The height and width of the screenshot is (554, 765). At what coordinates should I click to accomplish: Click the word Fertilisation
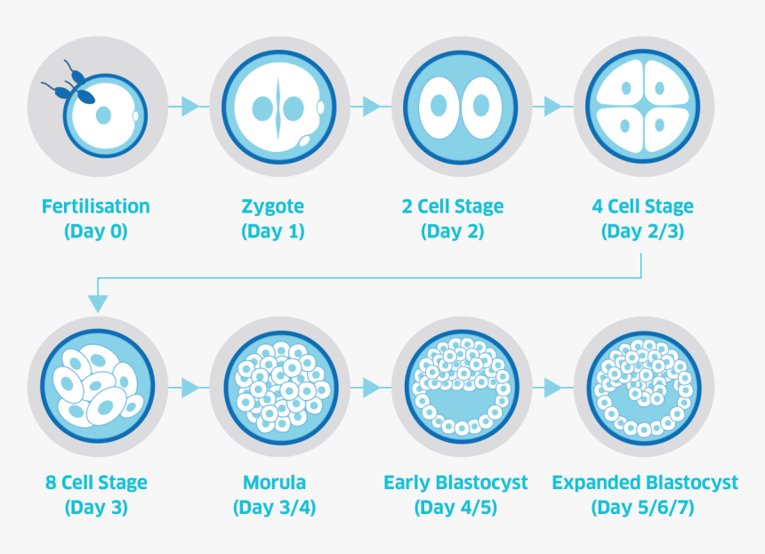coord(96,206)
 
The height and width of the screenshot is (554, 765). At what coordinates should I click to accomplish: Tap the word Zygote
coord(273,207)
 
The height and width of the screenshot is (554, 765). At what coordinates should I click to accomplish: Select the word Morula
coord(274,482)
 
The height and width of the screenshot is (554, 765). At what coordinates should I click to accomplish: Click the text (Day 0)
coord(96,231)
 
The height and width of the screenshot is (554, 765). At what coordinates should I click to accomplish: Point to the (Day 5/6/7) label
coord(642,508)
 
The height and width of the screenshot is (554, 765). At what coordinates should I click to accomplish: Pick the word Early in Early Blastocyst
coord(407,483)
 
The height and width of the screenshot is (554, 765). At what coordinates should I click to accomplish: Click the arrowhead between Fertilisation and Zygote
coord(190,106)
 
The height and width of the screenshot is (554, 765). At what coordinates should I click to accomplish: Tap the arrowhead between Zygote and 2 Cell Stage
coord(372,106)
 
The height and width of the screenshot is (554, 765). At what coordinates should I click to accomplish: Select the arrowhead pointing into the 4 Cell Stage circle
coord(553,106)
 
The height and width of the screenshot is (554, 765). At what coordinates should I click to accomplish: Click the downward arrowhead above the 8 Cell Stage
coord(98,303)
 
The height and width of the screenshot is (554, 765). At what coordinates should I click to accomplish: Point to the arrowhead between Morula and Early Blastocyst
coord(372,389)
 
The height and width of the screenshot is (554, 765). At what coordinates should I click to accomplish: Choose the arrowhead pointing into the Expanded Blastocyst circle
coord(553,389)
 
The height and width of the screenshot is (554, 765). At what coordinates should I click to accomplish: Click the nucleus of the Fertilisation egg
coord(103,116)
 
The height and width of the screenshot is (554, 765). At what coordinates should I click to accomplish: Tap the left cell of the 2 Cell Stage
coord(439,107)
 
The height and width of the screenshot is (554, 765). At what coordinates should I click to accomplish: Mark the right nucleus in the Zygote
coord(294,108)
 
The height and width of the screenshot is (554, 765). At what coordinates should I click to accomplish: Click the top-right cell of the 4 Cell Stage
coord(665,82)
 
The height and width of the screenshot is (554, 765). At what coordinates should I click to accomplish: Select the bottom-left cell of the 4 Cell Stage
coord(620,129)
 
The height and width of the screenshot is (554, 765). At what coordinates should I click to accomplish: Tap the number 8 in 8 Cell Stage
coord(52,483)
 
